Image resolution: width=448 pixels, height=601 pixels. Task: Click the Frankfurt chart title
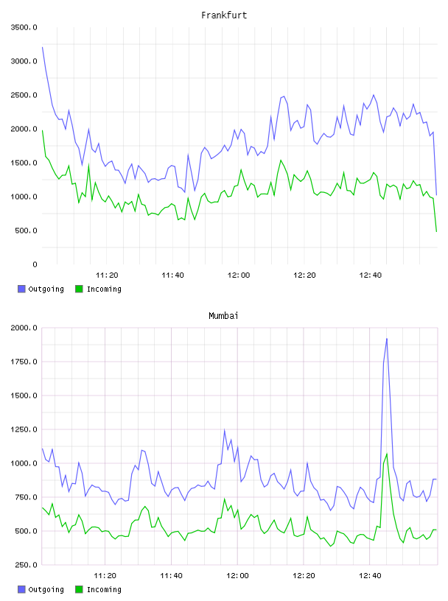click(x=224, y=15)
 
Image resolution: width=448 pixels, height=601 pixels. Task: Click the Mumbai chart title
click(x=223, y=316)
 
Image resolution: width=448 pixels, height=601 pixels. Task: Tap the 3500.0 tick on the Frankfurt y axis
click(x=24, y=27)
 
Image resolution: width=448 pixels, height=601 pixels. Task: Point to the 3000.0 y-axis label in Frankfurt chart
click(x=24, y=61)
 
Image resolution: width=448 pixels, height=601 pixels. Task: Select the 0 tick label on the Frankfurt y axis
click(x=35, y=264)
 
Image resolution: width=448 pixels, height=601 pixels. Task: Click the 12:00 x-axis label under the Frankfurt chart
click(x=239, y=275)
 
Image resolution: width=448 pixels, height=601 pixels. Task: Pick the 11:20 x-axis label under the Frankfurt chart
click(x=107, y=275)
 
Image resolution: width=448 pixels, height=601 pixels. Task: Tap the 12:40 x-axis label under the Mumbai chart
click(x=370, y=576)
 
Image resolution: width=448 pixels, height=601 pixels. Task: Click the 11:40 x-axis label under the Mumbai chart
click(x=171, y=576)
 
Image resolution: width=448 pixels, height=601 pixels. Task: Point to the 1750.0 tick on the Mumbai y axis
click(x=24, y=362)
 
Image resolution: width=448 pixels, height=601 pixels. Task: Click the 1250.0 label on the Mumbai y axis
click(x=24, y=429)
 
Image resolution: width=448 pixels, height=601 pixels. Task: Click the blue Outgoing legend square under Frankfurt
click(x=21, y=289)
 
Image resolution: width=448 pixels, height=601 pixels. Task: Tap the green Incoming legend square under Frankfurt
click(x=79, y=289)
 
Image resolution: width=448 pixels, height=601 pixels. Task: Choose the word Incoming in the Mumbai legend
click(x=104, y=589)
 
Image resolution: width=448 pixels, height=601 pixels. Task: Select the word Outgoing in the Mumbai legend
click(x=46, y=589)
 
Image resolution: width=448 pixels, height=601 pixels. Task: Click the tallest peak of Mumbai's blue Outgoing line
click(x=387, y=339)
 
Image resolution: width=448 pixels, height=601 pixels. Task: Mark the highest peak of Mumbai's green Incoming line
click(x=387, y=454)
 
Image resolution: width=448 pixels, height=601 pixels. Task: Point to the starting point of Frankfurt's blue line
click(x=42, y=47)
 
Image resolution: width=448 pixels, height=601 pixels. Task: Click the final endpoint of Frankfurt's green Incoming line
click(x=436, y=231)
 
